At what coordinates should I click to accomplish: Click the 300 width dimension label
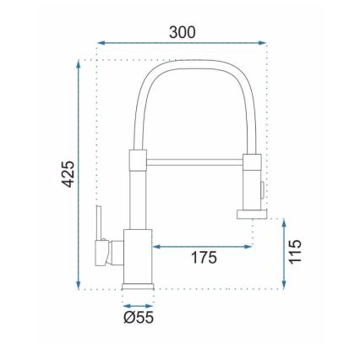pyautogui.click(x=181, y=32)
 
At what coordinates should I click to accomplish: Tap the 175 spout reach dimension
pyautogui.click(x=203, y=257)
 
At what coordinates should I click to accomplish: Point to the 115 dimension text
pyautogui.click(x=295, y=252)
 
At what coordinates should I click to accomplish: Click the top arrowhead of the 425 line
pyautogui.click(x=81, y=63)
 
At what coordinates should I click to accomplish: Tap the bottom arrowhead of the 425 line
pyautogui.click(x=81, y=285)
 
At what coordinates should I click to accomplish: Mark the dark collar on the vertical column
pyautogui.click(x=138, y=161)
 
